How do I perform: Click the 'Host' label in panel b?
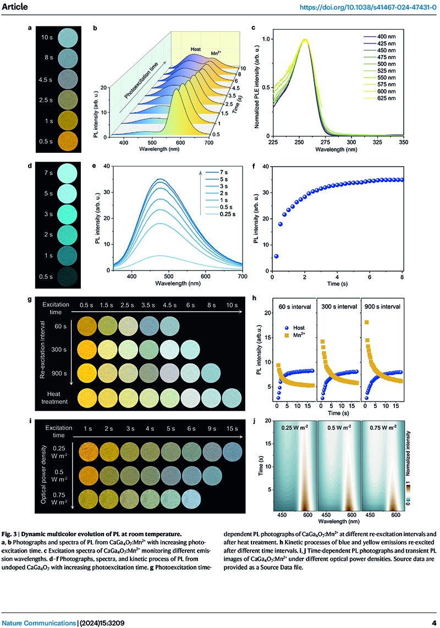tap(195, 49)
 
